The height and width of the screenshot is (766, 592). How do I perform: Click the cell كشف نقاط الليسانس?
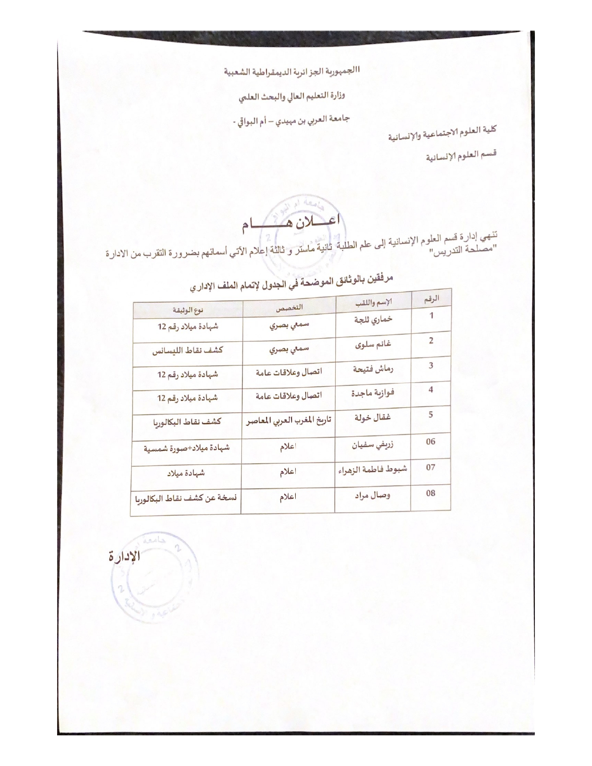point(188,351)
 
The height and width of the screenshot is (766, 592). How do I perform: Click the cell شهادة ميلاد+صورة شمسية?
point(187,448)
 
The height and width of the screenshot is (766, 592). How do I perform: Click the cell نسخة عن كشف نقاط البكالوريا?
point(186,500)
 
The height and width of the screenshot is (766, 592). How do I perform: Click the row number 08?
point(431,493)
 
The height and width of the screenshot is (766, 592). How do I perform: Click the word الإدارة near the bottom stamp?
point(124,556)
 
